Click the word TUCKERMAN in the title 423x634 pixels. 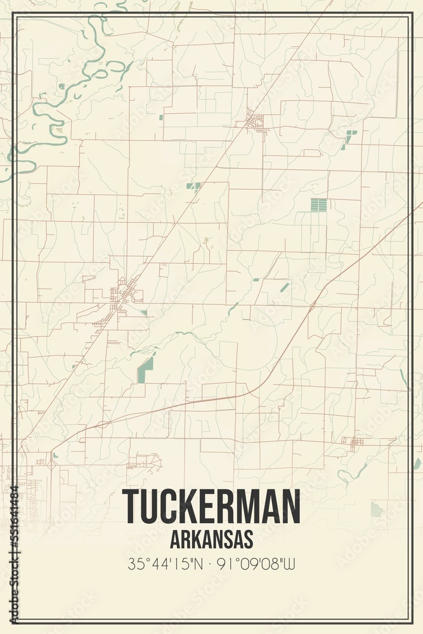(211, 506)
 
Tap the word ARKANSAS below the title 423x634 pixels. (211, 539)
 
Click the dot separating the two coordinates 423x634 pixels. (211, 562)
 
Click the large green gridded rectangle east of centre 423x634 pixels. (319, 205)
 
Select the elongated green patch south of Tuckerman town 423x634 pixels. (145, 370)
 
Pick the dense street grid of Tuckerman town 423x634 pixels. (124, 295)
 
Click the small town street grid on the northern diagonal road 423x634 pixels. (256, 120)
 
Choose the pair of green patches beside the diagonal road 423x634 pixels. (193, 186)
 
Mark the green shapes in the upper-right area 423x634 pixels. (348, 138)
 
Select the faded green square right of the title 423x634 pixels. (377, 509)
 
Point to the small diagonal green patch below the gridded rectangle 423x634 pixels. (285, 287)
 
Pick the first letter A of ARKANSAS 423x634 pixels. (176, 539)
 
